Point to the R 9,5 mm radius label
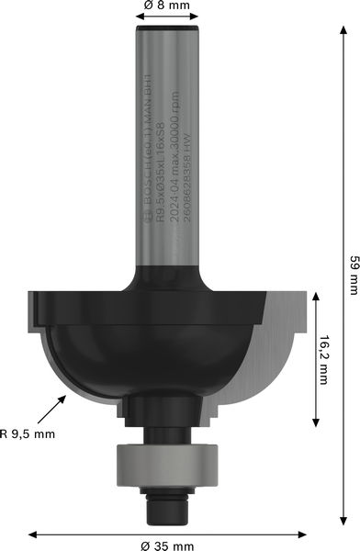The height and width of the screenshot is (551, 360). pyautogui.click(x=28, y=433)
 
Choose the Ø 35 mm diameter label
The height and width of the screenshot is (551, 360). pyautogui.click(x=168, y=545)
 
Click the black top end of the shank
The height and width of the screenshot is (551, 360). pyautogui.click(x=168, y=34)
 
